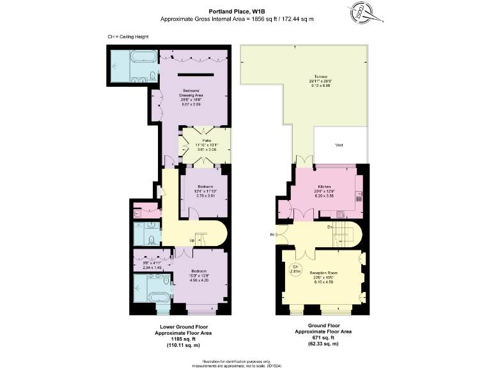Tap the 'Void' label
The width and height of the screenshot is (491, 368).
coord(339,145)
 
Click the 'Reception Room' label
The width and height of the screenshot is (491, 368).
coord(323,273)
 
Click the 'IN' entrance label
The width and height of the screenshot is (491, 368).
coord(272,235)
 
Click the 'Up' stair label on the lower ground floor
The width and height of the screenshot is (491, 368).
coord(191,240)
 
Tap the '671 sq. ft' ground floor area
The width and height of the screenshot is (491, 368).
coord(323,337)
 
